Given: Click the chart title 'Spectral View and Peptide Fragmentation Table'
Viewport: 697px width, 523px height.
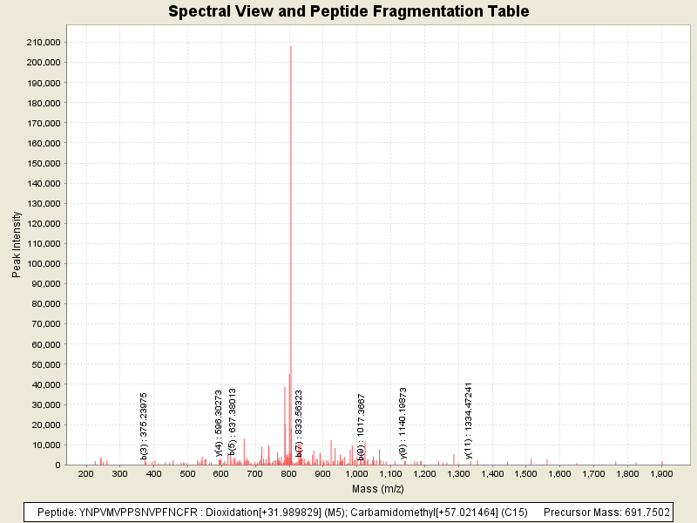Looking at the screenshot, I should (348, 11).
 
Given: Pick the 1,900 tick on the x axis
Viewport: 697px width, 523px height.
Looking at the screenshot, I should (661, 473).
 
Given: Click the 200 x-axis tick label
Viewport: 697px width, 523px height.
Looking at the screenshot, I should (86, 473).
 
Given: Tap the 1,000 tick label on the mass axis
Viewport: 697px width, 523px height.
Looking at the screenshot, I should (356, 473).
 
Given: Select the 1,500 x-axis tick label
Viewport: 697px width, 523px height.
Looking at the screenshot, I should (525, 473).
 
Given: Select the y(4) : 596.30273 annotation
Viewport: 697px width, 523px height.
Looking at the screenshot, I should (219, 423).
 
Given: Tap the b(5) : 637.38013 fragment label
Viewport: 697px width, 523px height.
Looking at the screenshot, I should (233, 423).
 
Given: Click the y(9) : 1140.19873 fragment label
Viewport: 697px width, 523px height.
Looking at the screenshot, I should (403, 423).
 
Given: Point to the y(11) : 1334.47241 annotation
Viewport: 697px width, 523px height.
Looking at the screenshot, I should (468, 420).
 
